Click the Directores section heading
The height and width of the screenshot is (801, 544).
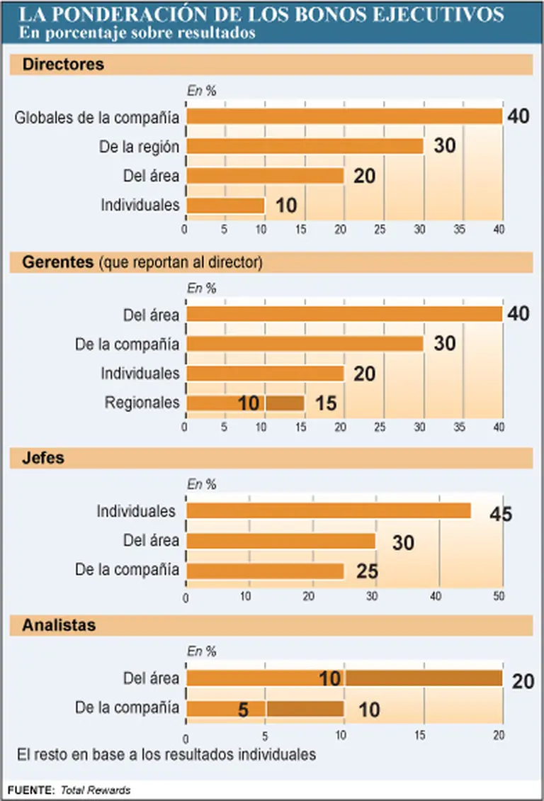63,65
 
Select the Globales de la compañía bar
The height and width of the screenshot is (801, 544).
344,117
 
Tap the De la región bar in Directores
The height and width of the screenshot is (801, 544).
305,146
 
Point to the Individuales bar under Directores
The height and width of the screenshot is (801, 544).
225,206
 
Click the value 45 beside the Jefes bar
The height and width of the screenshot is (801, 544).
500,513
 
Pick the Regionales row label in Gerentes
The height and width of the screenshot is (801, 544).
142,403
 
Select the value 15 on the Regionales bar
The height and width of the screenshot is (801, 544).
326,403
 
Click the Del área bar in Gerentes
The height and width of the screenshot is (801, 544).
344,314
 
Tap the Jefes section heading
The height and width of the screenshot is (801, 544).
43,458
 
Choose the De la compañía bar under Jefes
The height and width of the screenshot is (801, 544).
266,571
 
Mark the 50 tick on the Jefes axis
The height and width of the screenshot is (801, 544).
499,598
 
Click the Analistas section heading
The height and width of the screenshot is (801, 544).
59,625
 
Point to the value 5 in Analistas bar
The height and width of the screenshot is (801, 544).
243,710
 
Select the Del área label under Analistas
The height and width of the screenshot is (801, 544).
152,678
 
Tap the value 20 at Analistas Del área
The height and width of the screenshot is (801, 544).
523,680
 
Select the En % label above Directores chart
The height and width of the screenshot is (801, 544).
201,91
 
